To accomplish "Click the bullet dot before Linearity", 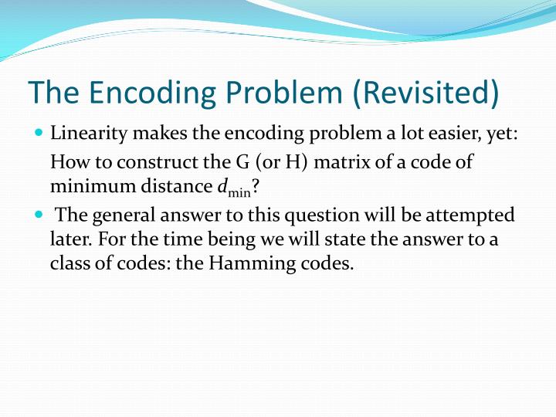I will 39,134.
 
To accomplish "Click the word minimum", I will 82,186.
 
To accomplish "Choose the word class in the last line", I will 67,263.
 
